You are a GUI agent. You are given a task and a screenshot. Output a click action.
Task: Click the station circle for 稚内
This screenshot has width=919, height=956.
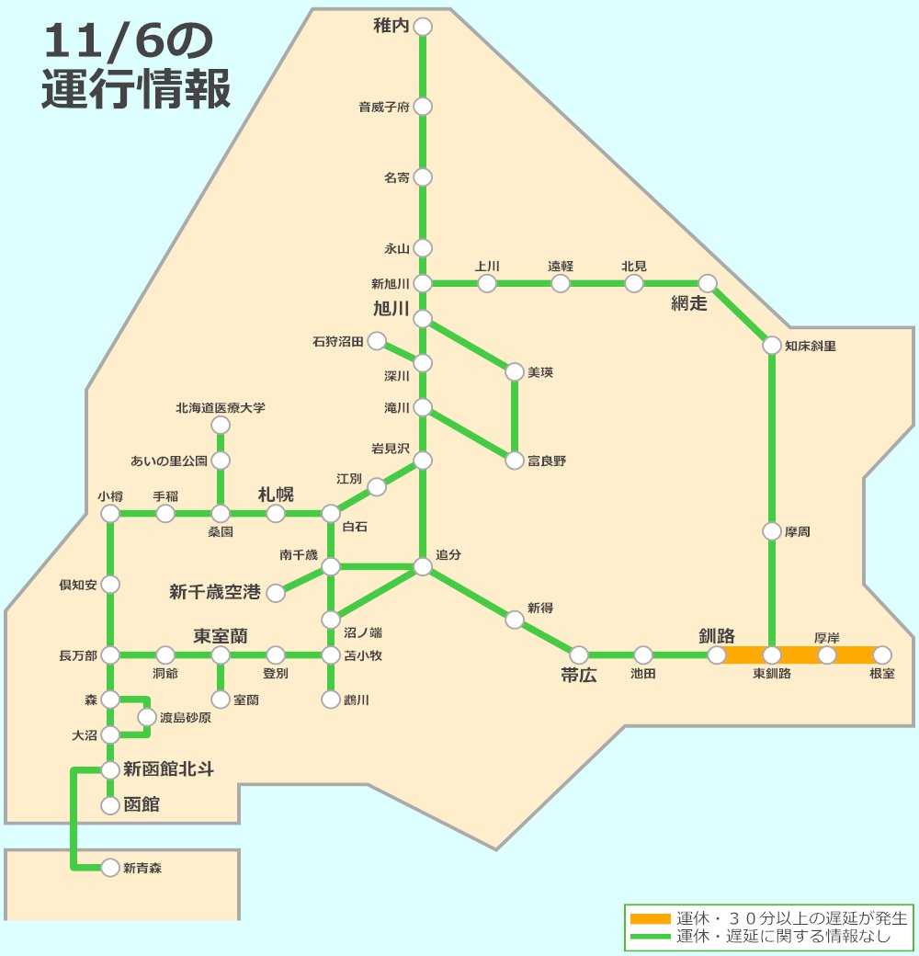point(423,27)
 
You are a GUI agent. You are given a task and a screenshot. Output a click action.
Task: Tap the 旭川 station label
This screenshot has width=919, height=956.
point(391,308)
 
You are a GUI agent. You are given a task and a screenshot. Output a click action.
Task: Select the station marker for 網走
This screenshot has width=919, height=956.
point(708,283)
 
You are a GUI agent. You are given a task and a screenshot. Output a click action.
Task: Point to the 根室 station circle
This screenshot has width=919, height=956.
point(882,655)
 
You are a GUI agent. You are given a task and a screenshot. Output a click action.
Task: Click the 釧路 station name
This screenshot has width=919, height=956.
point(717,635)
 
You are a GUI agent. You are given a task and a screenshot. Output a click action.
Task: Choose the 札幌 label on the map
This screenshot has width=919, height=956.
point(276,494)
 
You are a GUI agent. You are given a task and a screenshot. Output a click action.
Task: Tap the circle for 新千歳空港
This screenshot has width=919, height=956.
point(276,593)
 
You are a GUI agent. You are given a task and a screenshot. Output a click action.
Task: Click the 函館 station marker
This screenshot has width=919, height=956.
point(110,806)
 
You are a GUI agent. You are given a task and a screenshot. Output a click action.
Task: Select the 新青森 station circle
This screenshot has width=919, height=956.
point(110,867)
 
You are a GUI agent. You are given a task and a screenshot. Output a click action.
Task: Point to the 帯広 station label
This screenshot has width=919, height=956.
point(579,676)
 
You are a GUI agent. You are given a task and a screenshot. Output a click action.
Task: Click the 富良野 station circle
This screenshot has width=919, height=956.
point(515,461)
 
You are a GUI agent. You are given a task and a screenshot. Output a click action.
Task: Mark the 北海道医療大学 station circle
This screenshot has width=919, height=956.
point(221,425)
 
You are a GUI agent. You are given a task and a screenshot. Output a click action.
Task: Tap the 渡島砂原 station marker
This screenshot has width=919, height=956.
point(147,717)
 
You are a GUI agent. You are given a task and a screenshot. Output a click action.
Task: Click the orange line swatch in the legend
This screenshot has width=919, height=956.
point(651,918)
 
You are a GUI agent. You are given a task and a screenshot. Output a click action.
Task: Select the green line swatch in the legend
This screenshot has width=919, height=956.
point(651,937)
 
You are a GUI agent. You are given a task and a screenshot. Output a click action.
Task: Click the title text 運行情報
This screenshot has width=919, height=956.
point(135,90)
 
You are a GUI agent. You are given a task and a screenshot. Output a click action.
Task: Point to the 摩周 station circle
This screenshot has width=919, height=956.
point(772,531)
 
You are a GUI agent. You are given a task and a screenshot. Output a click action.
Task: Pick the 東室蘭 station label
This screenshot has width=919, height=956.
point(221,635)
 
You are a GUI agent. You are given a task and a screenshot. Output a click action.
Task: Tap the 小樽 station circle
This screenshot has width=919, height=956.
point(110,514)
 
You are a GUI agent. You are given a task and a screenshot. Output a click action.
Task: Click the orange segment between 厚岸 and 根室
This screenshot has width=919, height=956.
point(855,655)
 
